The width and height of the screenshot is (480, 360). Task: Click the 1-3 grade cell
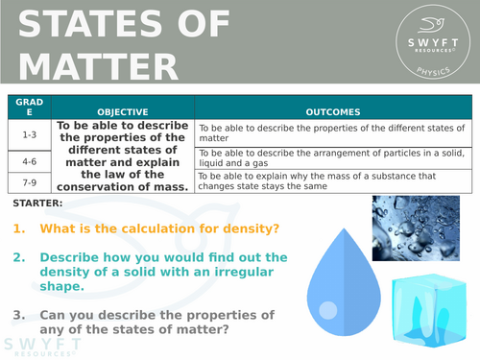29,134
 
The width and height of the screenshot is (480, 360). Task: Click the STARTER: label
39,204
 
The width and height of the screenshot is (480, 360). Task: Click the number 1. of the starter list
19,228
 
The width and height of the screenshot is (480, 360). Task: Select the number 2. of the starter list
19,257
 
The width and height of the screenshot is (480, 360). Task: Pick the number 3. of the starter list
19,315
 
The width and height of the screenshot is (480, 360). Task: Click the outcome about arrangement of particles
331,156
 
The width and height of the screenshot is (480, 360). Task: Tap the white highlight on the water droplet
328,309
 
